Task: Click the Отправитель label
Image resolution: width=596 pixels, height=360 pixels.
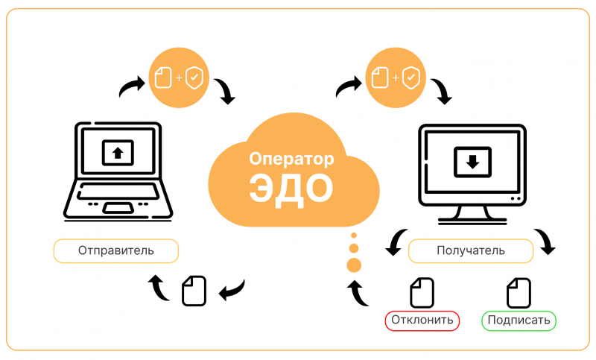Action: [115, 250]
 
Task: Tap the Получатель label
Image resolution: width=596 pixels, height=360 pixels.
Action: [471, 250]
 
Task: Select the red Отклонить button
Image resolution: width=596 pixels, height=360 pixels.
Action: [422, 321]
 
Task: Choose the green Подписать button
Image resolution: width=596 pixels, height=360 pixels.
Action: [519, 321]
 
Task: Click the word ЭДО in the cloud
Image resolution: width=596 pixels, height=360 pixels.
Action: [289, 188]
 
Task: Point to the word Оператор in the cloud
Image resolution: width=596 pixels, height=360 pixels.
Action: [290, 159]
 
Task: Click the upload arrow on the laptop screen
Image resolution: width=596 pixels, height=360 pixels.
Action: [117, 154]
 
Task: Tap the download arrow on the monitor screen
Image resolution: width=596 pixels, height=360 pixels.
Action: [472, 160]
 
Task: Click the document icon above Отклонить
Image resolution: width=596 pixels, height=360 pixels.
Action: [422, 292]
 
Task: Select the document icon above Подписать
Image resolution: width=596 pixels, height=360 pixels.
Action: [519, 292]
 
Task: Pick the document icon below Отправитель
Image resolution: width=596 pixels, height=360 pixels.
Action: [194, 289]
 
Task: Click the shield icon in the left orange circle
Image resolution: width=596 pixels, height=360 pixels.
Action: [193, 78]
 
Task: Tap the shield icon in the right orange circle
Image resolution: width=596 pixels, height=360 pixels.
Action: [410, 77]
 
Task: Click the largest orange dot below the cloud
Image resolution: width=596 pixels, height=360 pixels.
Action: [354, 265]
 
